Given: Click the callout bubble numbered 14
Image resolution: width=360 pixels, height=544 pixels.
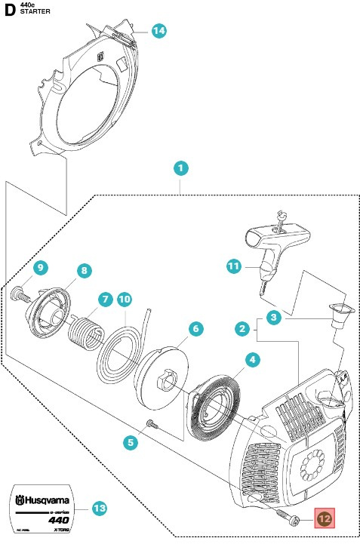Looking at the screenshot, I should tap(158, 31).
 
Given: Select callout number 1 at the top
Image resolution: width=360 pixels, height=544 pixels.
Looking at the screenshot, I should tap(180, 167).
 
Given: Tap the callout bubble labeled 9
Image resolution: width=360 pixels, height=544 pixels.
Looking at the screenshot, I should tap(41, 267).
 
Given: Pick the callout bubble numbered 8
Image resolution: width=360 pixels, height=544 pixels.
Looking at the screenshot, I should tap(84, 269).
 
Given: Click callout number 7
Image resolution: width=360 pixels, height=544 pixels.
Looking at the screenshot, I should tap(104, 300).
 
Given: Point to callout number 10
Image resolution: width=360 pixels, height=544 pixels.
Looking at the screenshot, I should tap(125, 300).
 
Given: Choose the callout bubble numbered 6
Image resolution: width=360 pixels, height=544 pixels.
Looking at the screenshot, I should tap(195, 329).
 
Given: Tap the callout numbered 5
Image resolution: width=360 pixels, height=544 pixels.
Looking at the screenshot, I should tap(132, 444).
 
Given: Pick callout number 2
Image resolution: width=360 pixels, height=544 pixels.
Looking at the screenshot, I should tap(242, 329).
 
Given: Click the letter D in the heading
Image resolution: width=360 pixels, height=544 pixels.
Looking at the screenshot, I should tap(10, 11).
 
